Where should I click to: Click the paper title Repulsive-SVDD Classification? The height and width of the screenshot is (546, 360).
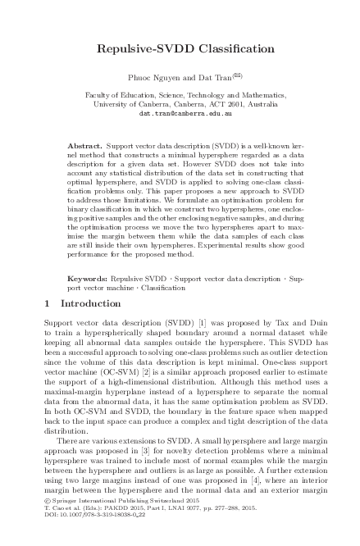click(179, 49)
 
